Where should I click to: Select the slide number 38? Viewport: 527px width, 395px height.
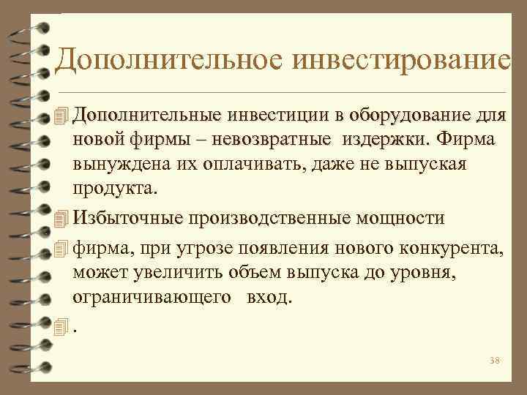point(493,361)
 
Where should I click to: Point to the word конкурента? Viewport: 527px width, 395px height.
point(451,249)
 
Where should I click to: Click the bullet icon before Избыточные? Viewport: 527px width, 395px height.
point(61,218)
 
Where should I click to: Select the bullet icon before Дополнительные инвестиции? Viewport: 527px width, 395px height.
point(61,116)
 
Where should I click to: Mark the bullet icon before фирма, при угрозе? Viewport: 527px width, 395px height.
point(61,249)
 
